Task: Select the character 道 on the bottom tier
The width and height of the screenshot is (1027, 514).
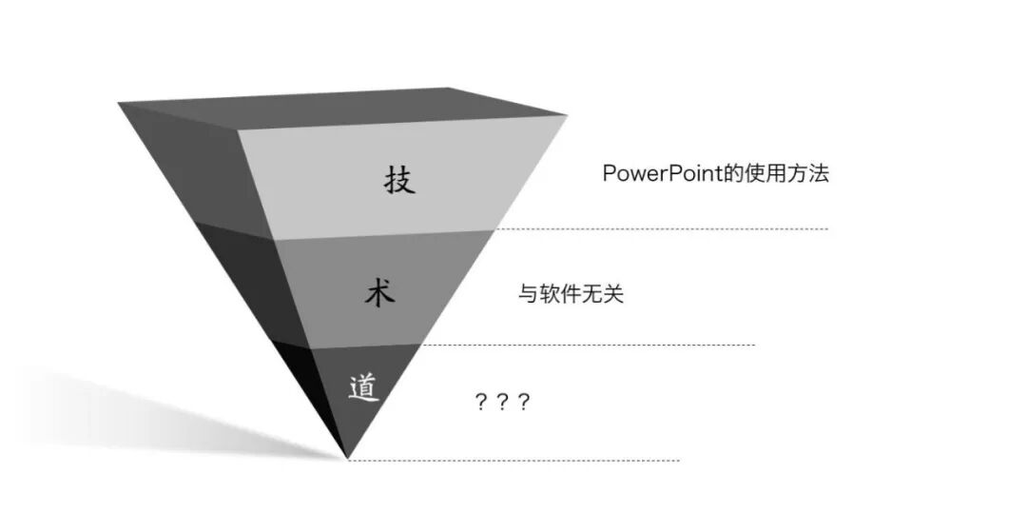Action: coord(363,388)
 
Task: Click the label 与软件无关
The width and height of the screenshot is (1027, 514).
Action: coord(571,295)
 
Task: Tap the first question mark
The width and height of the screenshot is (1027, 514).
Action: coord(481,402)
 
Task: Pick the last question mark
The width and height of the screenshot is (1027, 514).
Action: coord(522,402)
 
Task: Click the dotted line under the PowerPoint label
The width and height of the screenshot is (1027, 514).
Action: coord(666,228)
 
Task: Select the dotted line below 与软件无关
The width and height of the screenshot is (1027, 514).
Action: coord(590,345)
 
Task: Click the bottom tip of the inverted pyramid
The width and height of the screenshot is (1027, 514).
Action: coord(347,458)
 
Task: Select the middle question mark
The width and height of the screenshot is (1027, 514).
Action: coord(502,402)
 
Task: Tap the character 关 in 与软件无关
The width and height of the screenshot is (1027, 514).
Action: coord(613,295)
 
